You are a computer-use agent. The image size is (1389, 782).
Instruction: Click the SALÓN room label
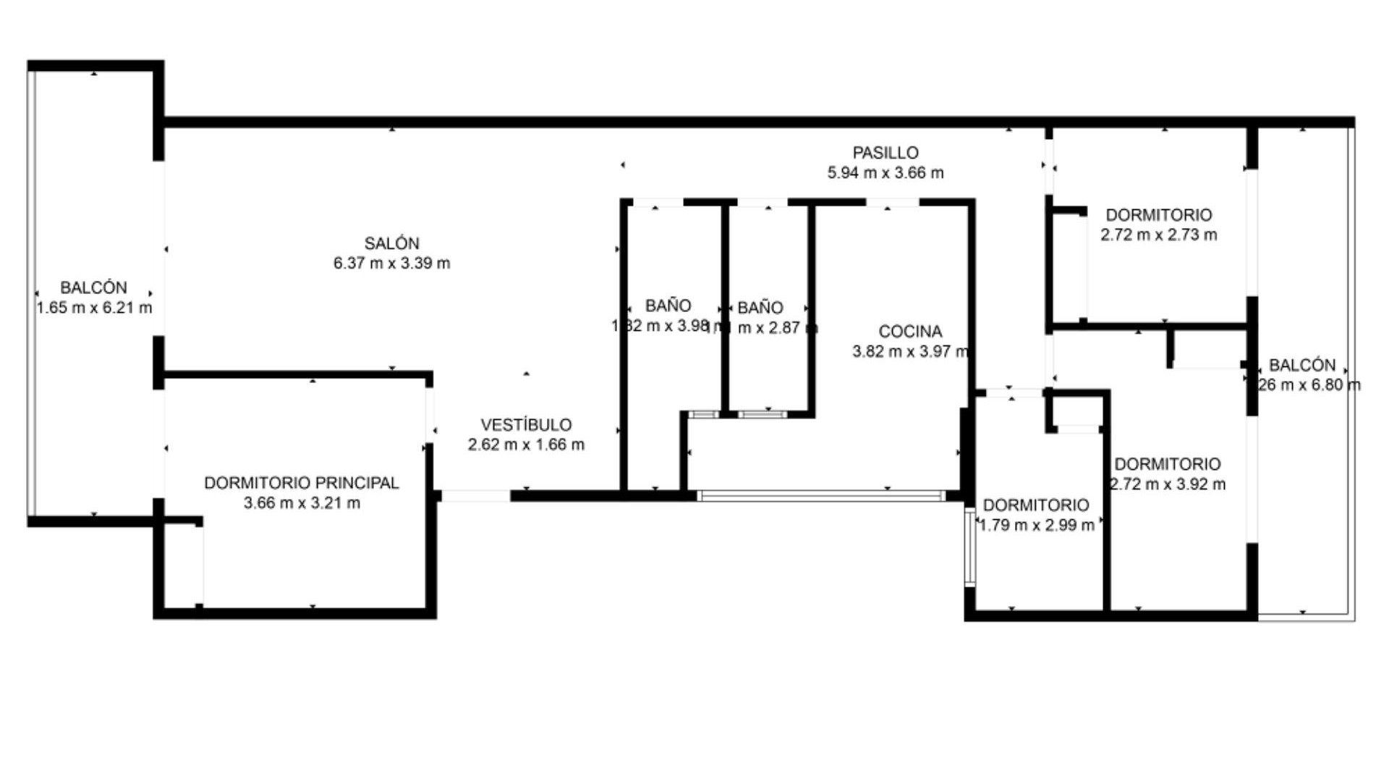(391, 243)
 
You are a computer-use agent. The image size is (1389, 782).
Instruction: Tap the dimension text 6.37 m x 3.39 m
(391, 264)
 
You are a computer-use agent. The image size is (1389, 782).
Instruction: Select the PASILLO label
(885, 153)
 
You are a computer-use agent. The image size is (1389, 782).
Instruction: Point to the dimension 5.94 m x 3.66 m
(885, 173)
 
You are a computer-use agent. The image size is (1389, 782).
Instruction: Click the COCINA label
(910, 332)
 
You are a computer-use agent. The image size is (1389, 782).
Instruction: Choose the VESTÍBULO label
(526, 425)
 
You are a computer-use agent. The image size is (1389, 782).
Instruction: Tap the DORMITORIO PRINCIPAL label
(301, 483)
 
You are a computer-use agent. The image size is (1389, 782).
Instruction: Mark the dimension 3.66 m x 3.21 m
(301, 503)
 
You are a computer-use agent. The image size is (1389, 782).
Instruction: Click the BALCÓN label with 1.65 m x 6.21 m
(93, 287)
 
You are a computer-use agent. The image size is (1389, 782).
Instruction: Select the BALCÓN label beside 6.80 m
(1301, 365)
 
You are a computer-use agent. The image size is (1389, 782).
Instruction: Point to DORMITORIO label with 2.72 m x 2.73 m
(1158, 215)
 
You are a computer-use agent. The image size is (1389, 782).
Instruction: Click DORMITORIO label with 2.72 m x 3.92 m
(1167, 464)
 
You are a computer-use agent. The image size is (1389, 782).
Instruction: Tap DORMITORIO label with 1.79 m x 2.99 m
(1035, 505)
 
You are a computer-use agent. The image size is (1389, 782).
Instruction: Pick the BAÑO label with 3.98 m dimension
(668, 306)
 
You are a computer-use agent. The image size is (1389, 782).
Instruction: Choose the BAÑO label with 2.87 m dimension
(760, 308)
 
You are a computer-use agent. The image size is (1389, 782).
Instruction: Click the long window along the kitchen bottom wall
(821, 496)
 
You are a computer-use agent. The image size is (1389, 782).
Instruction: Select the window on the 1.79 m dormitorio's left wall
(969, 547)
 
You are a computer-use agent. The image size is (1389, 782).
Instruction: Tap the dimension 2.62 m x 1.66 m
(526, 445)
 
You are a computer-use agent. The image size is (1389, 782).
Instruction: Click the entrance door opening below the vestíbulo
(475, 496)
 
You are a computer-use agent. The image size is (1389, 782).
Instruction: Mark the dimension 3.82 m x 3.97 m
(910, 352)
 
